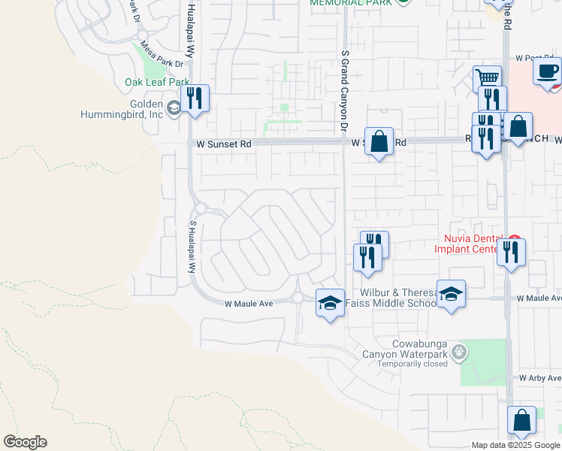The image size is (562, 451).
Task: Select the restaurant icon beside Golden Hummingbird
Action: (195, 98)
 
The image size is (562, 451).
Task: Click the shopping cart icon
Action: (487, 77)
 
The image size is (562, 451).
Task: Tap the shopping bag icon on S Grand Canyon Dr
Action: (379, 141)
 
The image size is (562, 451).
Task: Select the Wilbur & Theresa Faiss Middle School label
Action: (390, 297)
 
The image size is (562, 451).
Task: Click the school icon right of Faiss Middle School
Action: (451, 294)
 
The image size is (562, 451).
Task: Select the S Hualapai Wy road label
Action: (192, 247)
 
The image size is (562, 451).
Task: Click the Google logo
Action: (25, 442)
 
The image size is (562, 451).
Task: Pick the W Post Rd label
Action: (534, 58)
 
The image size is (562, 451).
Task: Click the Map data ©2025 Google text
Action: (515, 445)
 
